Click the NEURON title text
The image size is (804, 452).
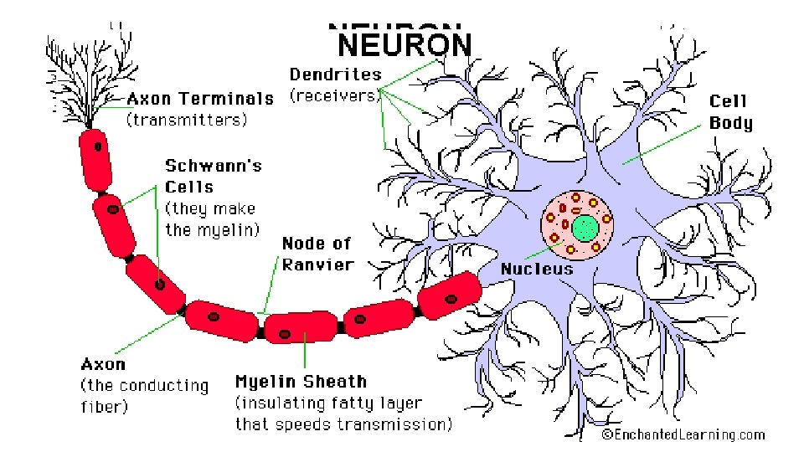tap(405, 46)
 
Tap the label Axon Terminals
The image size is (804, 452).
tap(200, 99)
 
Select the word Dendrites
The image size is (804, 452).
tap(335, 74)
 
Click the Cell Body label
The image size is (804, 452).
tap(730, 112)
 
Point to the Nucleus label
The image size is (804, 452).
tap(537, 269)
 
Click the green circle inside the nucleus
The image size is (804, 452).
tap(585, 227)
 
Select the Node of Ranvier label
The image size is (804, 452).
tap(317, 254)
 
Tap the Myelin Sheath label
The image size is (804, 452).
tap(301, 382)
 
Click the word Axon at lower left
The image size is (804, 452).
tap(103, 364)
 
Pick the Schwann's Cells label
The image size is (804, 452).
tap(213, 176)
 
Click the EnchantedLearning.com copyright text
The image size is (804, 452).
tap(684, 434)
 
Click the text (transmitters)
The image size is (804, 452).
tap(187, 120)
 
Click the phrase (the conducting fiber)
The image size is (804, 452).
tap(144, 397)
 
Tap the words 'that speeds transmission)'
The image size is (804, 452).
tap(343, 424)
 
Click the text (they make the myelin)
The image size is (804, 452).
tap(211, 218)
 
